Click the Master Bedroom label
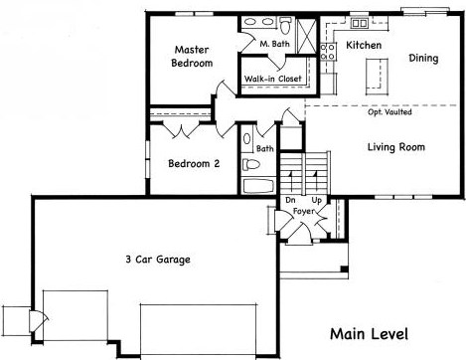click(192, 57)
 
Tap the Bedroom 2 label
click(194, 163)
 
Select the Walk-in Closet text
click(273, 79)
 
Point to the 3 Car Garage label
click(158, 260)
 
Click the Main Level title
click(369, 334)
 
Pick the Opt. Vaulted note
click(389, 112)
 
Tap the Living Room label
click(396, 147)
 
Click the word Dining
click(423, 58)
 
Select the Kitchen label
click(364, 45)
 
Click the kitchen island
click(377, 77)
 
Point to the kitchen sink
click(360, 23)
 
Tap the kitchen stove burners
click(328, 52)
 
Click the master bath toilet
click(285, 26)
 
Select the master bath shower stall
click(306, 36)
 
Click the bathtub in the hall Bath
click(258, 186)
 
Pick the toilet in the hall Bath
click(250, 164)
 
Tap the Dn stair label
click(290, 200)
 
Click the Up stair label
click(316, 201)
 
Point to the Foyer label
click(303, 211)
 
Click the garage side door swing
click(39, 321)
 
